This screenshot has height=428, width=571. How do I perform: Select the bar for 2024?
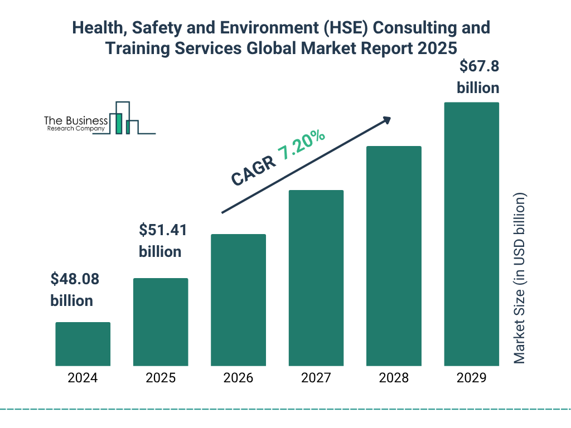coord(83,344)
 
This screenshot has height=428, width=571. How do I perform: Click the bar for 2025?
coord(161,322)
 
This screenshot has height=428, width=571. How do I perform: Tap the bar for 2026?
coord(238,300)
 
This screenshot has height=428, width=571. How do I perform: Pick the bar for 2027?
coord(316,278)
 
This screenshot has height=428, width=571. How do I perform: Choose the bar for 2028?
coord(394,256)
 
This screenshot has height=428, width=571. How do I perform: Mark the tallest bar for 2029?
coord(471,234)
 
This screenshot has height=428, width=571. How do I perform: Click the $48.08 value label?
coord(74,279)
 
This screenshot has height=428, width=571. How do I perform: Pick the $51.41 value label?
coord(162,230)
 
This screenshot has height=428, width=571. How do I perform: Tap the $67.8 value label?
coord(478,67)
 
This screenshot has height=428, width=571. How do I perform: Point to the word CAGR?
coord(253,171)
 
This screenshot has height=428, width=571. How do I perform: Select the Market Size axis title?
coord(520,279)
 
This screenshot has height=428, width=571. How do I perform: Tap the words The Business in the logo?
coord(76,120)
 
